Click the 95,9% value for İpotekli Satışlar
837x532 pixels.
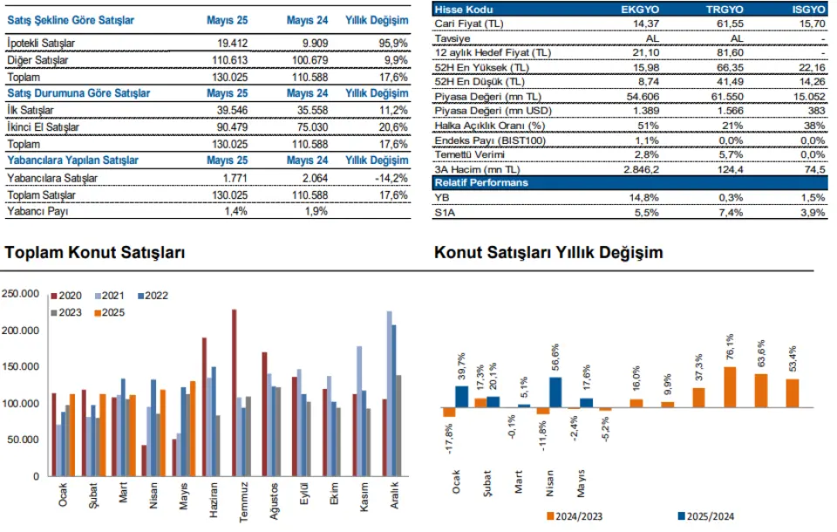(392, 44)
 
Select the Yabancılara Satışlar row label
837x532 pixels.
(52, 178)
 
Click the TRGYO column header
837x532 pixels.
(725, 10)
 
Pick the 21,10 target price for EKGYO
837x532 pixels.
(645, 53)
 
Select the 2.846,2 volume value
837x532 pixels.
(641, 170)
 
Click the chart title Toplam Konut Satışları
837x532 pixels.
(95, 252)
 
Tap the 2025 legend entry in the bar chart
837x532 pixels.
(110, 312)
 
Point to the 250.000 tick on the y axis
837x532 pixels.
(20, 294)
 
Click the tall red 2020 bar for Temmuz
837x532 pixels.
(234, 392)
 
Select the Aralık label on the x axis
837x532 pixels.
(394, 495)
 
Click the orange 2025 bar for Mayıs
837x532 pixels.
(193, 428)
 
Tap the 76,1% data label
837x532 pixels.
(730, 346)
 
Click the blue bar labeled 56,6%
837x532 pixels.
(555, 392)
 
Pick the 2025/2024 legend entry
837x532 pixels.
(705, 516)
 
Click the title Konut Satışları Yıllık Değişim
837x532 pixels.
(548, 252)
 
